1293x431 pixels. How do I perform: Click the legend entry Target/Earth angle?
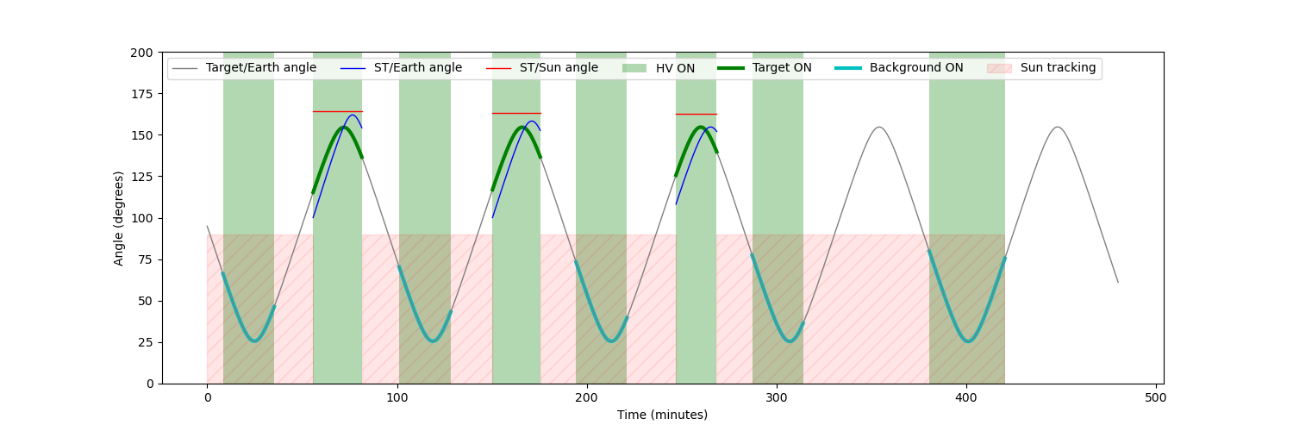(x=260, y=68)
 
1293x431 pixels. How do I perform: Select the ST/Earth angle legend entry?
(x=417, y=68)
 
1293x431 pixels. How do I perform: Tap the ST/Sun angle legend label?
(x=558, y=68)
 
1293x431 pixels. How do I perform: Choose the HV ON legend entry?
(x=675, y=68)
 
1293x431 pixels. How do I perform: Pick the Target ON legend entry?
(x=781, y=68)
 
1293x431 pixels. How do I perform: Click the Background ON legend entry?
(x=915, y=68)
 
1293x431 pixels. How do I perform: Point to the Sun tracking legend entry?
(x=1058, y=68)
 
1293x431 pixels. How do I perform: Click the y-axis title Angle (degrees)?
(x=119, y=218)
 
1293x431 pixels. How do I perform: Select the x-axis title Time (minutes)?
(x=662, y=415)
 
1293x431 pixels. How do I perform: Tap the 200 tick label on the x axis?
(x=586, y=398)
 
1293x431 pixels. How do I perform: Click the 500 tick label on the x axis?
(x=1156, y=398)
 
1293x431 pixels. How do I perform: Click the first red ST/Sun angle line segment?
(x=338, y=111)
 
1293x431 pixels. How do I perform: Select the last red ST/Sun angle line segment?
(x=696, y=114)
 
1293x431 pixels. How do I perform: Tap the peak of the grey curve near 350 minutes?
(x=878, y=128)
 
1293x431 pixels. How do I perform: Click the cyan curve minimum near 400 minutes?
(x=968, y=341)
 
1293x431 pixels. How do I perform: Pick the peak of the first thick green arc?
(x=342, y=128)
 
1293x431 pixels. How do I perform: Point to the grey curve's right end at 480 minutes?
(x=1118, y=282)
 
